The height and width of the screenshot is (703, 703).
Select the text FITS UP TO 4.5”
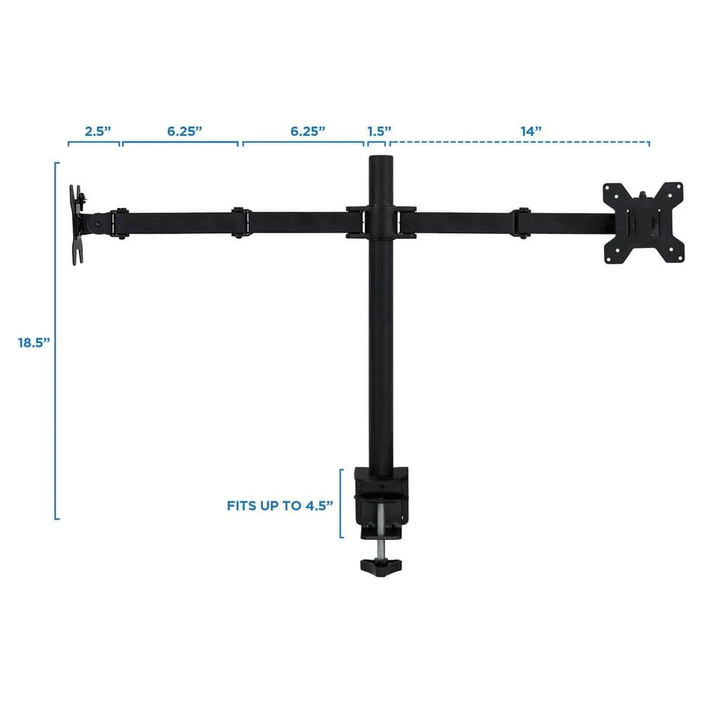(279, 505)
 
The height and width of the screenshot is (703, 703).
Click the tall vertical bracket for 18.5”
(56, 341)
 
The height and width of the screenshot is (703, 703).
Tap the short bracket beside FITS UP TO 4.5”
(341, 503)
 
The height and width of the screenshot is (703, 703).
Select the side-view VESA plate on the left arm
(76, 225)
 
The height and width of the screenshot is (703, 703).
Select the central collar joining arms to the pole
(380, 221)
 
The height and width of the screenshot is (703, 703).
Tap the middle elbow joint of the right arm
(521, 222)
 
